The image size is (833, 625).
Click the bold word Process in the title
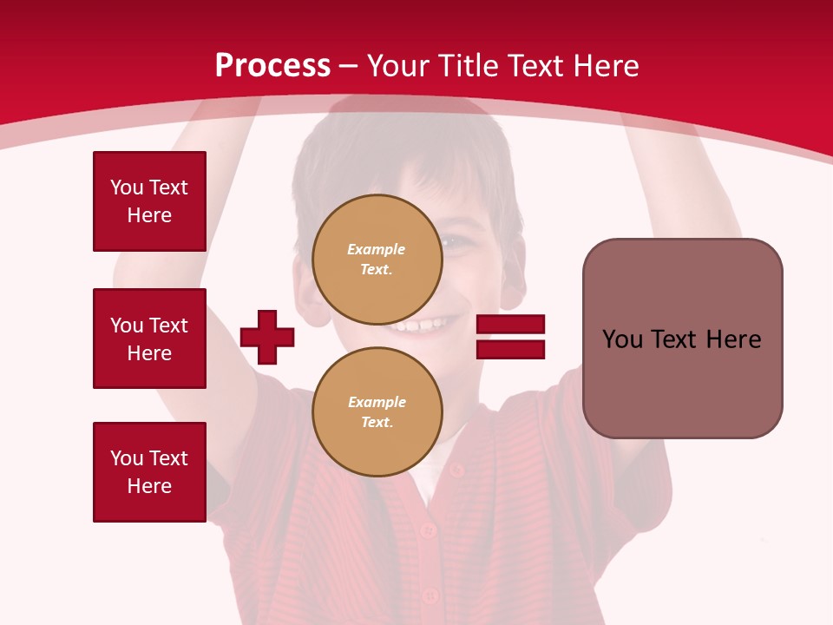[272, 66]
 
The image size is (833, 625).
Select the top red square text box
[149, 201]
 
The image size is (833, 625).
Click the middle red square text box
[149, 339]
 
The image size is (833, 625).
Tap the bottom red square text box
[149, 472]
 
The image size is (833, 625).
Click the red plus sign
[267, 337]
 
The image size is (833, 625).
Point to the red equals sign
[510, 337]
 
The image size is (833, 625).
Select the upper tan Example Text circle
[377, 259]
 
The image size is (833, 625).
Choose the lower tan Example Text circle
[377, 411]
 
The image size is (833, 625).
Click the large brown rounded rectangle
[682, 339]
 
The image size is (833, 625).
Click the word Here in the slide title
[604, 66]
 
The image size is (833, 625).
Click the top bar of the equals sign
[510, 325]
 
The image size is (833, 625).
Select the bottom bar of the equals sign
[510, 349]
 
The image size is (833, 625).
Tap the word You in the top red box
[127, 187]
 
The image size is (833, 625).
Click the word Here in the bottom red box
[149, 486]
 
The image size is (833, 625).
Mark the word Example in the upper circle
[376, 249]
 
